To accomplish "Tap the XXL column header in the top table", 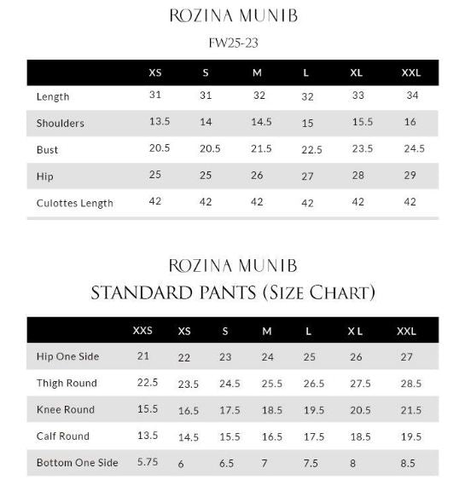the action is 410,72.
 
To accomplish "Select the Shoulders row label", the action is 60,123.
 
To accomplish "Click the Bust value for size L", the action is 311,149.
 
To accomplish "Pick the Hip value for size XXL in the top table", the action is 410,175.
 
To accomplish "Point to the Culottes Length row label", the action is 74,203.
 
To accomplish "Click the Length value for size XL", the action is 358,95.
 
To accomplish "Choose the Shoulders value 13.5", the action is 160,122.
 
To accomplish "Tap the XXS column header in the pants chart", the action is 143,330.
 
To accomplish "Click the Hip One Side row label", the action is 67,356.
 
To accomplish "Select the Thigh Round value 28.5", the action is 410,384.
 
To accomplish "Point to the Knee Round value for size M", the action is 271,410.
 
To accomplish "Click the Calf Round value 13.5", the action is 147,435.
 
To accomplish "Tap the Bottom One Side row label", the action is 77,463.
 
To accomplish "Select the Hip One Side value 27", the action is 406,357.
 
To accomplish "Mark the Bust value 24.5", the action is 414,148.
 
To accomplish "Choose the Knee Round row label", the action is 65,409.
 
